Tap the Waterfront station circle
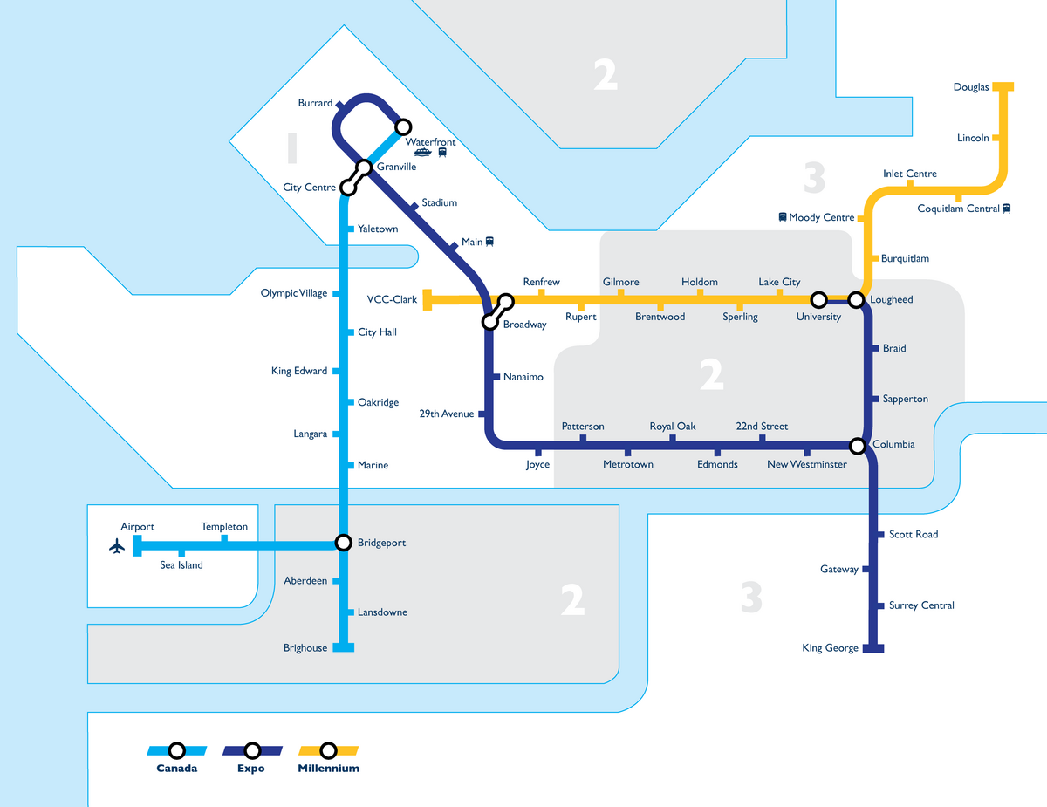pyautogui.click(x=403, y=127)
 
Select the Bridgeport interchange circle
pyautogui.click(x=346, y=543)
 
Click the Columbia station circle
pyautogui.click(x=858, y=446)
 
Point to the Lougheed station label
pyautogui.click(x=892, y=300)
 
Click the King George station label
pyautogui.click(x=830, y=648)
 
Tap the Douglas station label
pyautogui.click(x=971, y=87)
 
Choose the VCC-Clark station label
pyautogui.click(x=392, y=299)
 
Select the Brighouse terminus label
pyautogui.click(x=305, y=648)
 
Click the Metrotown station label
pyautogui.click(x=628, y=465)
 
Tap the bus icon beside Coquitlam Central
pyautogui.click(x=1007, y=209)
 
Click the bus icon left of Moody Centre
pyautogui.click(x=783, y=217)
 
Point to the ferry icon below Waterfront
pyautogui.click(x=422, y=153)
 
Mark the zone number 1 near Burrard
pyautogui.click(x=291, y=148)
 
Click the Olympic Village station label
pyautogui.click(x=294, y=293)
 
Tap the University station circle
pyautogui.click(x=818, y=300)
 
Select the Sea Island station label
pyautogui.click(x=181, y=565)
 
